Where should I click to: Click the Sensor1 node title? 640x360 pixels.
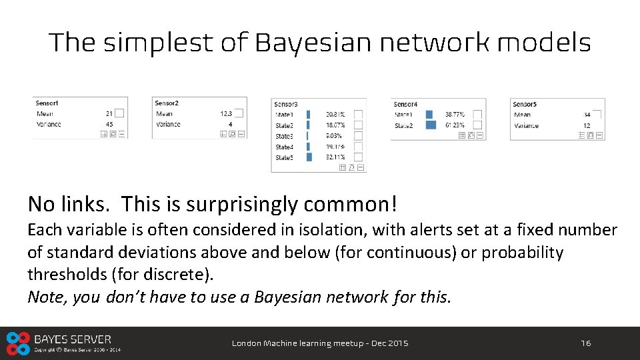pyautogui.click(x=47, y=103)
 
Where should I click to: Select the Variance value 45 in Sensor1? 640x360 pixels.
pyautogui.click(x=109, y=124)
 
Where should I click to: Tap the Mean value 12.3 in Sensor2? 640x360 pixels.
pyautogui.click(x=226, y=114)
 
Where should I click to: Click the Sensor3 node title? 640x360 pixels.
pyautogui.click(x=286, y=104)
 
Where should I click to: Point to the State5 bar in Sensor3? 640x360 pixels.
pyautogui.click(x=309, y=157)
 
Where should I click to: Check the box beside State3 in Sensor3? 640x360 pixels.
pyautogui.click(x=358, y=136)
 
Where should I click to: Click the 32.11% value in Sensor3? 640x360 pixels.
pyautogui.click(x=335, y=157)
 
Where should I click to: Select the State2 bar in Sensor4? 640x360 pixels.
pyautogui.click(x=430, y=125)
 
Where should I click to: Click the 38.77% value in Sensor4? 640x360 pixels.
pyautogui.click(x=455, y=115)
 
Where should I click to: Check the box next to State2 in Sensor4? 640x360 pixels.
pyautogui.click(x=477, y=125)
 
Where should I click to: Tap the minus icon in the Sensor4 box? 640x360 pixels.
pyautogui.click(x=481, y=135)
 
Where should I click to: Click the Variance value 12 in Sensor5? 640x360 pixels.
pyautogui.click(x=587, y=125)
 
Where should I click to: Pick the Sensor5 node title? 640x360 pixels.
pyautogui.click(x=524, y=104)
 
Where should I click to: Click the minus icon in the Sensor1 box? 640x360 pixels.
pyautogui.click(x=122, y=134)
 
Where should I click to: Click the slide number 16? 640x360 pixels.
pyautogui.click(x=585, y=343)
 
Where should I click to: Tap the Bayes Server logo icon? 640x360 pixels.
pyautogui.click(x=18, y=343)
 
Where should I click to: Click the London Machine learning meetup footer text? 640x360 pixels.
pyautogui.click(x=320, y=343)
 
